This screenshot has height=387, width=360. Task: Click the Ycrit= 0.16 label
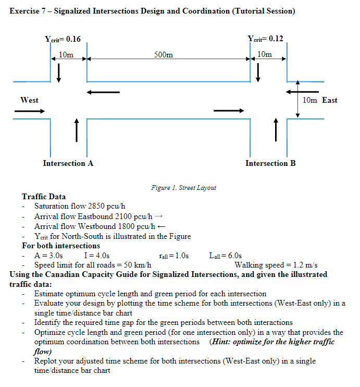pyautogui.click(x=63, y=39)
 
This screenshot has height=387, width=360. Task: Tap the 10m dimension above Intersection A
pyautogui.click(x=66, y=54)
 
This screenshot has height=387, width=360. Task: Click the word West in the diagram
pyautogui.click(x=29, y=100)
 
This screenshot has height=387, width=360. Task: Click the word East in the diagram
pyautogui.click(x=330, y=100)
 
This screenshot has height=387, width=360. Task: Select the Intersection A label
pyautogui.click(x=68, y=163)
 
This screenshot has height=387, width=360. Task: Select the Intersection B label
pyautogui.click(x=270, y=163)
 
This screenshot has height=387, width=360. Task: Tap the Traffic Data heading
pyautogui.click(x=44, y=197)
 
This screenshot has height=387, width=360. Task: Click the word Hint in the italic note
pyautogui.click(x=221, y=342)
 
